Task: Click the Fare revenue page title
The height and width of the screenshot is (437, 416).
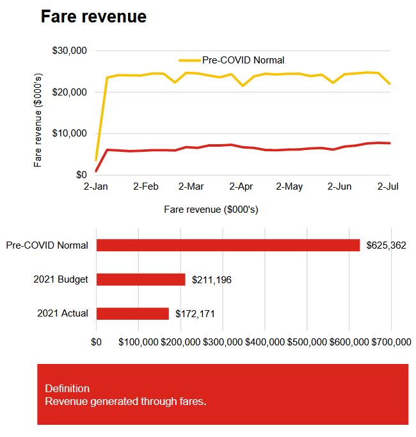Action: pos(93,17)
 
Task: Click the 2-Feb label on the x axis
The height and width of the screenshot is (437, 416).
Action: pos(145,186)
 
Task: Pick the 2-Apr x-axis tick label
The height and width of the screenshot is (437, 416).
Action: pos(241,186)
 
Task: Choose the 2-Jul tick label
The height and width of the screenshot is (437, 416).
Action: pos(388,186)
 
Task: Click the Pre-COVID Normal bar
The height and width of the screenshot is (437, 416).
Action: pos(228,245)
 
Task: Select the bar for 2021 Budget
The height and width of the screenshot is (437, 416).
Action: pos(141,279)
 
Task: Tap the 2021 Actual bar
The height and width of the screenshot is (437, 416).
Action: pos(132,313)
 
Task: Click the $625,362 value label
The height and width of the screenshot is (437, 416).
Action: pos(387,245)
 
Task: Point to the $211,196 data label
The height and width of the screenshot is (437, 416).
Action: pos(212,279)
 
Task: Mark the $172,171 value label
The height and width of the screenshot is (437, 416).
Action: pos(195,314)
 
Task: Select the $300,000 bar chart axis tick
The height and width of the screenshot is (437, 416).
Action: pos(223,342)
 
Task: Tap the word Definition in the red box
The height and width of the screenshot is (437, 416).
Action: pos(67,388)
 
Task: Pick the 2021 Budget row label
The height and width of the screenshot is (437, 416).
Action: pos(61,279)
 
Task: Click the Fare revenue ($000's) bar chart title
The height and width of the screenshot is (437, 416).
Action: pos(211,210)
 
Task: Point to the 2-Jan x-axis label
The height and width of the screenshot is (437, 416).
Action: pos(97,186)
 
